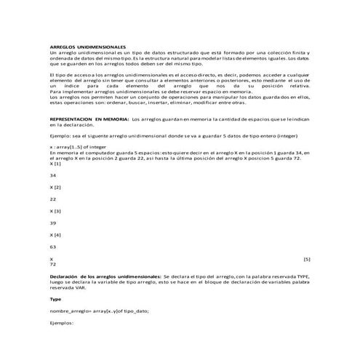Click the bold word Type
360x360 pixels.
click(55, 299)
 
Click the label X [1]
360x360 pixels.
click(55, 164)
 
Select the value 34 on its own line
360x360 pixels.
click(52, 175)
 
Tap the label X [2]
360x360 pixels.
click(55, 187)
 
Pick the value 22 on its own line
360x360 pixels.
click(52, 199)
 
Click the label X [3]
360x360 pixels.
click(55, 210)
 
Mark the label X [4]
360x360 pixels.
click(55, 234)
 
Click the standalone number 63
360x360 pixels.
click(52, 246)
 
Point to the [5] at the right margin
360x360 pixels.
click(306, 258)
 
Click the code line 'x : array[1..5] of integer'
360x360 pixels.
click(82, 146)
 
